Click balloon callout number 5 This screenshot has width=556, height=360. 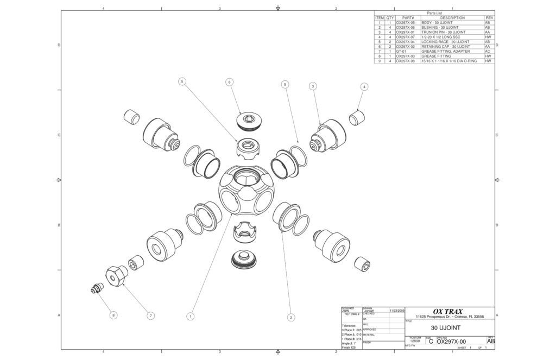coord(182,81)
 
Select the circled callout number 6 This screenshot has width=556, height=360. coord(230,81)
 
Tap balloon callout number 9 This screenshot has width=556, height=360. coord(285,84)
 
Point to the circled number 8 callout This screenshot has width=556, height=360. coord(113,315)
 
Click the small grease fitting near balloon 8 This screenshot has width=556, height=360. coord(97,289)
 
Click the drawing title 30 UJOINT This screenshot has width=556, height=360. coord(445,328)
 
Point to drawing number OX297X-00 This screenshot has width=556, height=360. coord(451,342)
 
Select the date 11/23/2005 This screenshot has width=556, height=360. coord(397,310)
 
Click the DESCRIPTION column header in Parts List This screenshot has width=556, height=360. coord(452,18)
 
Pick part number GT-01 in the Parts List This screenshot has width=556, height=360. coord(402,52)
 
